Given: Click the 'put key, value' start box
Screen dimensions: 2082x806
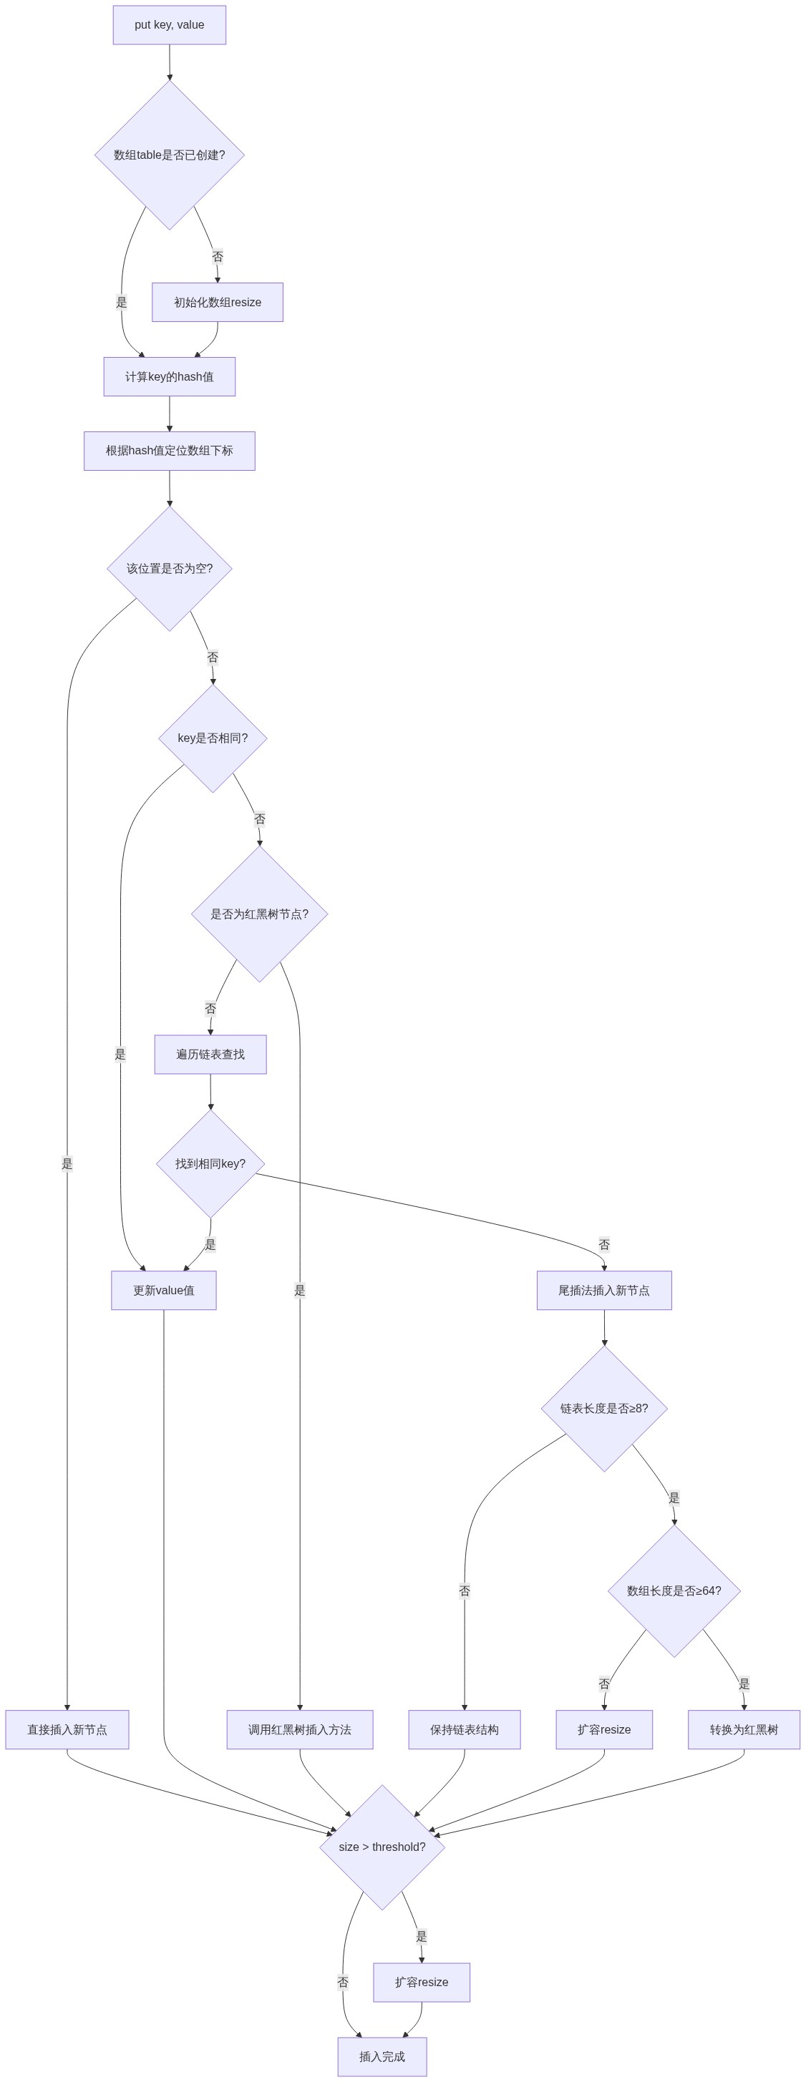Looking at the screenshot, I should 169,25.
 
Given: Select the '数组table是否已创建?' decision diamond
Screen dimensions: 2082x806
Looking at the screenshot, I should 169,155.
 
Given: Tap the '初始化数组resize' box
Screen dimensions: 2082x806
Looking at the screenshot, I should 218,302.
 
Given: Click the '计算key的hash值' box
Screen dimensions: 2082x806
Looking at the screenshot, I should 169,376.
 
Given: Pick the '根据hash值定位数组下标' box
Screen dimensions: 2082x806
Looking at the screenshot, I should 169,451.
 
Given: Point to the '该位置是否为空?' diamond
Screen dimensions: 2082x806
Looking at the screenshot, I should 169,568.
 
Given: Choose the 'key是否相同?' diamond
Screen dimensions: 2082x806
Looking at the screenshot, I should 213,738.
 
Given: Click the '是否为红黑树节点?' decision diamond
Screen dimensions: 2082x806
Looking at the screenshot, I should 260,914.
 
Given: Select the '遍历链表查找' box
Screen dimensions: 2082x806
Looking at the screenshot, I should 210,1054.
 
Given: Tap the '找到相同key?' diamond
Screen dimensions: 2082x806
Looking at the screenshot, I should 210,1164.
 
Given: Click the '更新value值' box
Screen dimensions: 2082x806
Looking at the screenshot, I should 163,1290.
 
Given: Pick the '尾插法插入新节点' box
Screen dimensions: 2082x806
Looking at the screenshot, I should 604,1290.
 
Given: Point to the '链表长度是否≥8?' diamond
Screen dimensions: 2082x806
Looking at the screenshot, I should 604,1408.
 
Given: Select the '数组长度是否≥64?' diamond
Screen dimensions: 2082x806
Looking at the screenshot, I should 674,1590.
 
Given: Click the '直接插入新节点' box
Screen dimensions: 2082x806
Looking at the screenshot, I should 67,1729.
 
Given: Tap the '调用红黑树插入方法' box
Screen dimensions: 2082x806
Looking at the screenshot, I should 300,1729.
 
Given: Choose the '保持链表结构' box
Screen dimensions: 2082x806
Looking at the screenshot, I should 464,1729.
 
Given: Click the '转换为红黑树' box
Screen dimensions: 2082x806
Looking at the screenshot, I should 744,1729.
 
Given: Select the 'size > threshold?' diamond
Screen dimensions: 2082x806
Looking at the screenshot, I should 382,1847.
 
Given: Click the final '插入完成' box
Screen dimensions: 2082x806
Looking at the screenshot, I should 382,2056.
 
